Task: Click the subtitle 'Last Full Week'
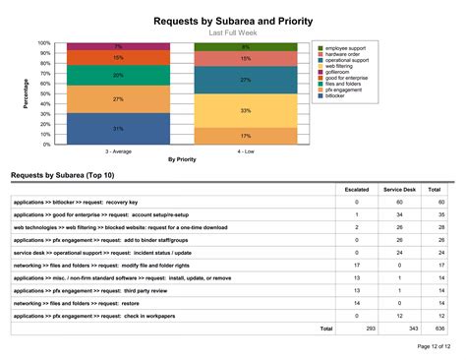click(232, 32)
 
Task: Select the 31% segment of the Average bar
click(118, 129)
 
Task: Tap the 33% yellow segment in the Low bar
click(245, 111)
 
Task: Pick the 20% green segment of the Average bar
click(118, 75)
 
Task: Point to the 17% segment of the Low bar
click(245, 136)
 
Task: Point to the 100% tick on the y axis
click(44, 43)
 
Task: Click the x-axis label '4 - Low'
click(245, 151)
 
